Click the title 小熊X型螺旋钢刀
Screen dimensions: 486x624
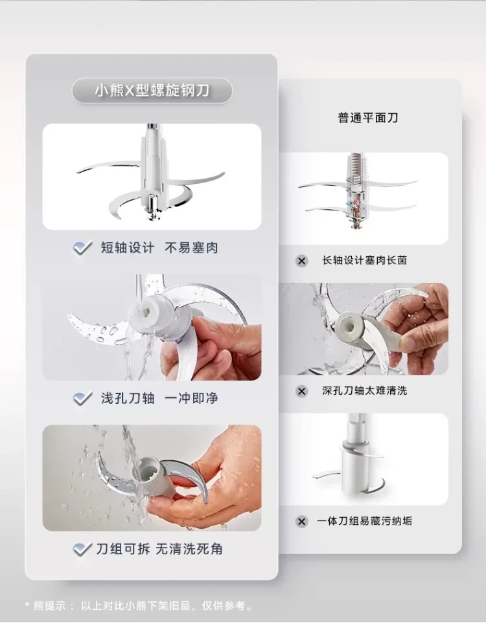[x=152, y=91]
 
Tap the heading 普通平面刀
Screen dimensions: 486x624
[x=367, y=118]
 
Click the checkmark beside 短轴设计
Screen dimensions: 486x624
[x=83, y=248]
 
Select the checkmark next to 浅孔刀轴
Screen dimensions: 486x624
[x=83, y=398]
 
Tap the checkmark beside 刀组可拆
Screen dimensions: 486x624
[x=83, y=549]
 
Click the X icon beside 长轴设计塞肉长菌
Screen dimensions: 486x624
[x=301, y=261]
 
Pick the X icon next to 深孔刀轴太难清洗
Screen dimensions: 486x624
[x=301, y=391]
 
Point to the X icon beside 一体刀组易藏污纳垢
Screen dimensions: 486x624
[x=301, y=521]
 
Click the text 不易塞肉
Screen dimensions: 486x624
[x=192, y=248]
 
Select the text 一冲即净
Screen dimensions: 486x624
[x=192, y=398]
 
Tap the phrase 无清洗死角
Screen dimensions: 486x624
[x=189, y=549]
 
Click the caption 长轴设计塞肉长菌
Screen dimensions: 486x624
[x=364, y=260]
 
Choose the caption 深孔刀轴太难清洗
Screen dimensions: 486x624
[x=364, y=391]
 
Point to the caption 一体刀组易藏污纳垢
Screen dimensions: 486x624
[x=364, y=521]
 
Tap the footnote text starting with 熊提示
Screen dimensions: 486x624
[x=143, y=606]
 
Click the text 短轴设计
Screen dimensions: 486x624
[x=128, y=248]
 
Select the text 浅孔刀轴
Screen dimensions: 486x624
[x=128, y=398]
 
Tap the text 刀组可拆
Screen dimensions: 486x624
[x=123, y=549]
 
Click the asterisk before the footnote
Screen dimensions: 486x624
[x=27, y=605]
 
